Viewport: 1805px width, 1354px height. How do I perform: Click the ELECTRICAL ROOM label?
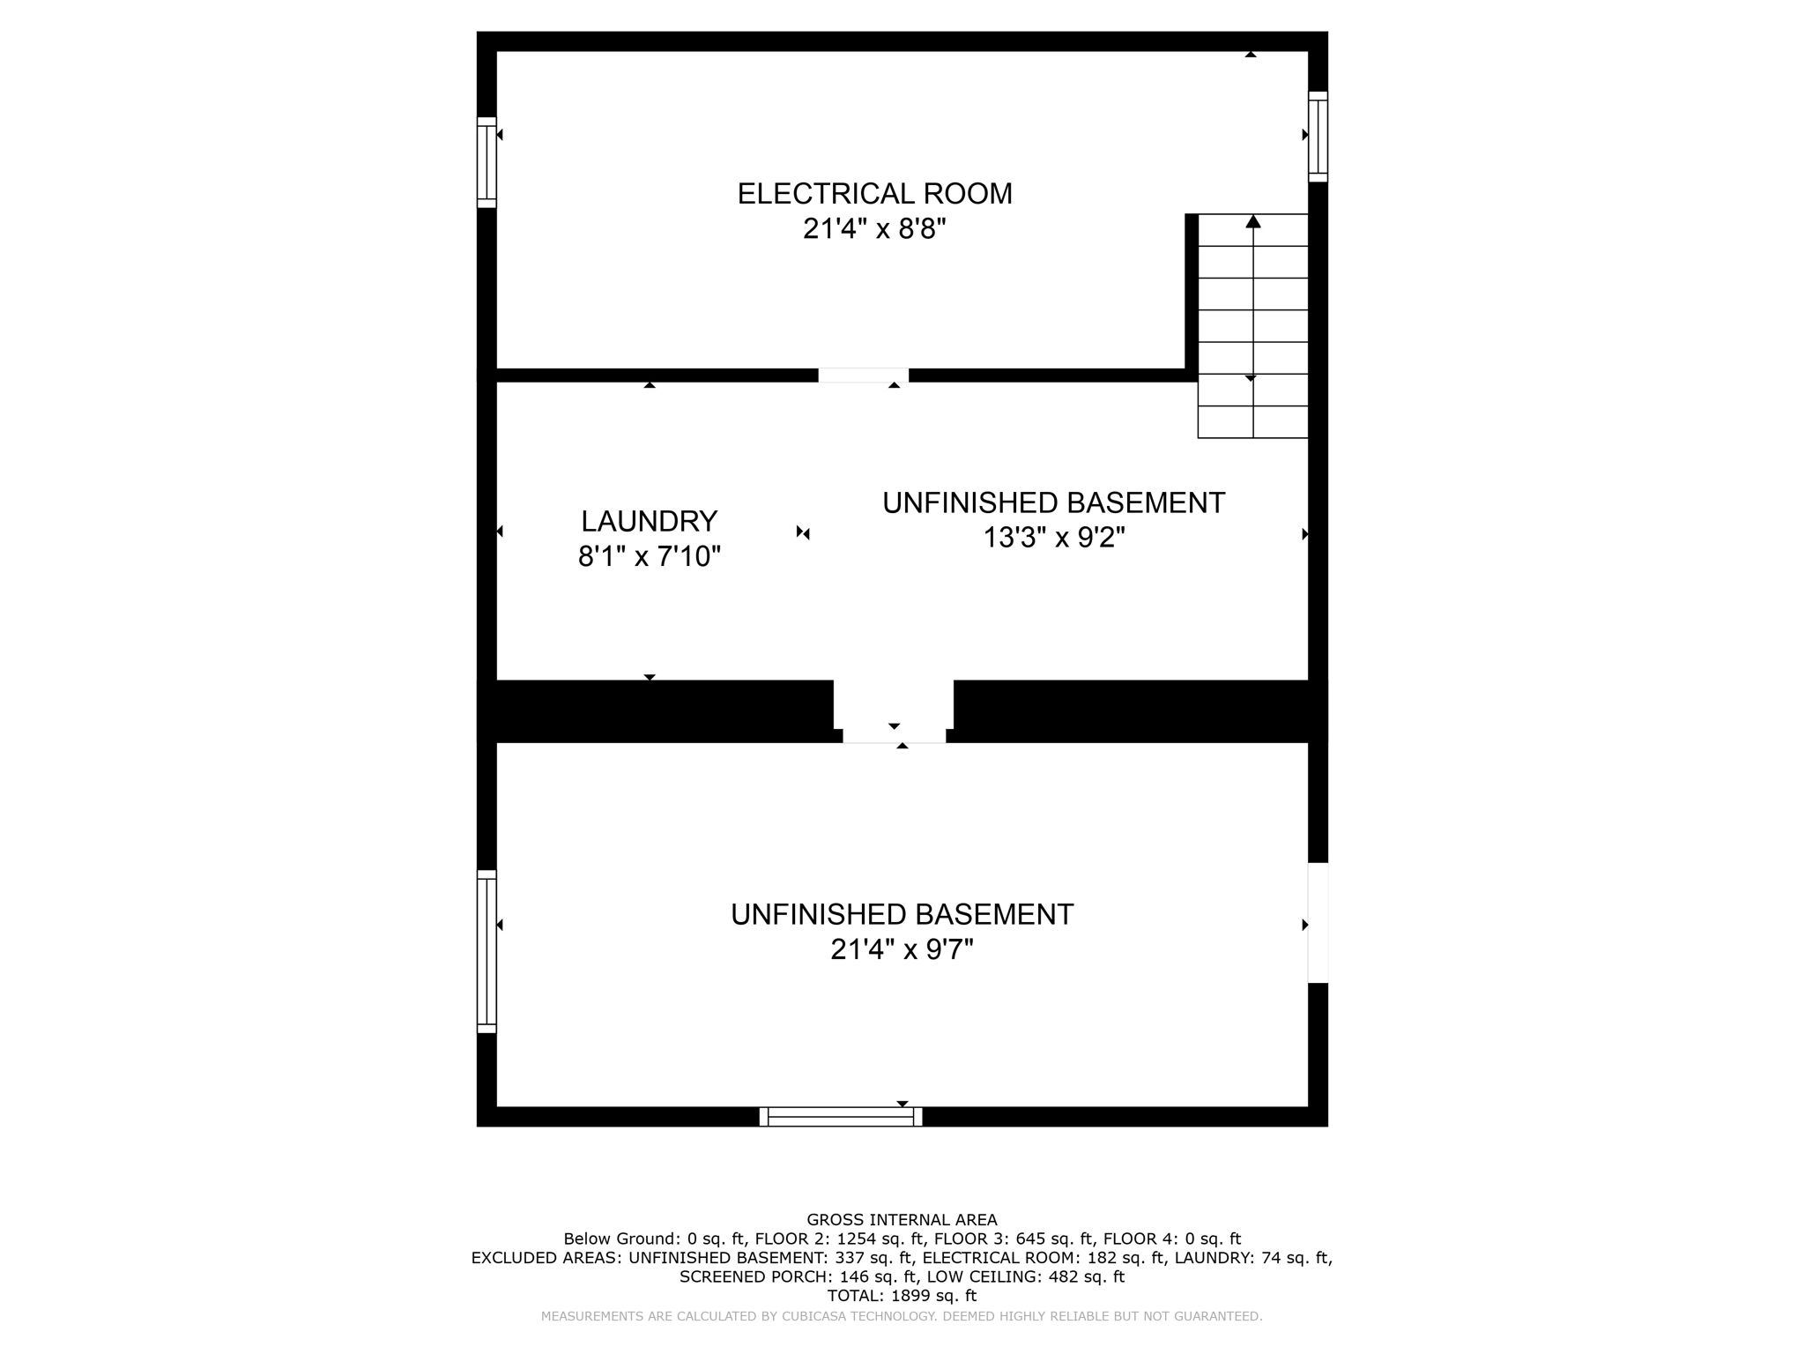[x=874, y=193]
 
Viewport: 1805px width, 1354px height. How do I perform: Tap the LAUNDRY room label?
[x=649, y=521]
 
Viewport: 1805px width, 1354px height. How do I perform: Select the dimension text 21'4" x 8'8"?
[x=874, y=229]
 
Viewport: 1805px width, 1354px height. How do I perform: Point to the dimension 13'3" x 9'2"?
[x=1054, y=537]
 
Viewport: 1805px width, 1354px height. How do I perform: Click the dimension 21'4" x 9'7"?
[x=902, y=949]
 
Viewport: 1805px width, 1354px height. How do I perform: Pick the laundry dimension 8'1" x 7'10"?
[x=649, y=556]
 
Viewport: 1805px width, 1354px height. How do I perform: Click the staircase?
[x=1252, y=326]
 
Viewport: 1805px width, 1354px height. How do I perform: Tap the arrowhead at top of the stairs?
[x=1252, y=221]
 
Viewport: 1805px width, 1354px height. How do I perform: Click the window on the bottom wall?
[x=841, y=1117]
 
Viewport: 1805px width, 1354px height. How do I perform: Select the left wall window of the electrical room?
[x=487, y=162]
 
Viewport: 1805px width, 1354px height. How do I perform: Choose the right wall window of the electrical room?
[x=1318, y=136]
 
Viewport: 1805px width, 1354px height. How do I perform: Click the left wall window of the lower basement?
[x=487, y=951]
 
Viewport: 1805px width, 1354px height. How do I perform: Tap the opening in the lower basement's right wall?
[x=1318, y=922]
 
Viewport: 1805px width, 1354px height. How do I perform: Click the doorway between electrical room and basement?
[x=863, y=376]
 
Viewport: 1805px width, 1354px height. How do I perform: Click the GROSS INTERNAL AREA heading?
[x=902, y=1220]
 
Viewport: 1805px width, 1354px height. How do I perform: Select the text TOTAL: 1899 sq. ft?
[x=902, y=1296]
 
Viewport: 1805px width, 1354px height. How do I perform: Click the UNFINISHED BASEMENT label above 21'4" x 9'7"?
[x=902, y=914]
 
